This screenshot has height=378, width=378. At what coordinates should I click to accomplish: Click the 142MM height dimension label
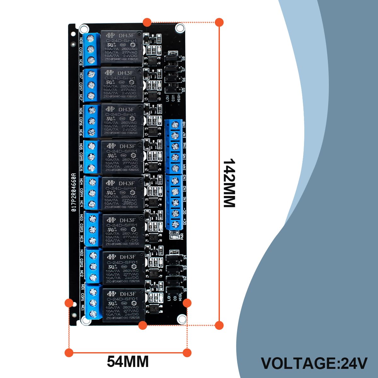(229, 183)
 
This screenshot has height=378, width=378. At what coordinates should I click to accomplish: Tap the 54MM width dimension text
(128, 361)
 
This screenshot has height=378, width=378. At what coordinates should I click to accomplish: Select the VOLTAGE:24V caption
(314, 363)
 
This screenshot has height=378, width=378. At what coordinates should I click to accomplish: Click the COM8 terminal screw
(91, 49)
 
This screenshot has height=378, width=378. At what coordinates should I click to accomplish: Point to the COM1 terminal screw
(93, 303)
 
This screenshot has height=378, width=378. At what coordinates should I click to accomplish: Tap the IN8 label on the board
(184, 124)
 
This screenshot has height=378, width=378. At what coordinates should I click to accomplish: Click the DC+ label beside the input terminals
(185, 222)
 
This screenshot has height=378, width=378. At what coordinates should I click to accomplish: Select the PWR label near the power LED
(182, 236)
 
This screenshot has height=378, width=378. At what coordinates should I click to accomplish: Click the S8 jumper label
(183, 58)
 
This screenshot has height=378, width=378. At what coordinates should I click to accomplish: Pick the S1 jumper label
(185, 290)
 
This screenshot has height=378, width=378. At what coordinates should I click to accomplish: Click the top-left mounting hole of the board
(84, 29)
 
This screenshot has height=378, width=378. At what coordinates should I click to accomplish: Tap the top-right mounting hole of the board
(180, 28)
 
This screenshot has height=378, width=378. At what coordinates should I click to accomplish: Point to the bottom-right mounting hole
(181, 319)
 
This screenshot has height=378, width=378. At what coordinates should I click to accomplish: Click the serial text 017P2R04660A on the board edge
(73, 192)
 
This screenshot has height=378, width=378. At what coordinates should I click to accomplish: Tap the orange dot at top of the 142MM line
(219, 22)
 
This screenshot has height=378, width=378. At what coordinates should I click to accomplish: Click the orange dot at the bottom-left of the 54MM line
(69, 352)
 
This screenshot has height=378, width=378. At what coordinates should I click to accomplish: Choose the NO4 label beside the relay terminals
(81, 181)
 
